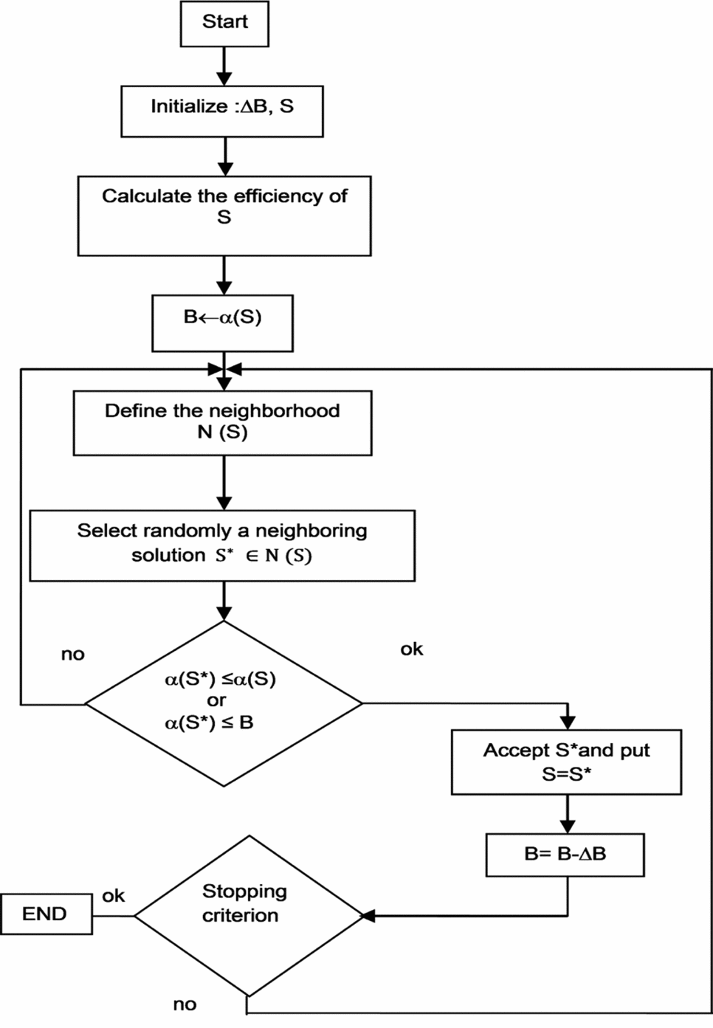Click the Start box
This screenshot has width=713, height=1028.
click(224, 23)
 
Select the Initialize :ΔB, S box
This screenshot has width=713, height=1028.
click(221, 110)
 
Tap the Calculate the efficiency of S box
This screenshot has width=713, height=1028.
click(224, 215)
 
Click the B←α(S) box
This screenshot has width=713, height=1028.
click(222, 323)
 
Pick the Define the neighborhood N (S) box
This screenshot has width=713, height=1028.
click(222, 422)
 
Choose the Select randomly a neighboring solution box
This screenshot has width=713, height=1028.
click(222, 545)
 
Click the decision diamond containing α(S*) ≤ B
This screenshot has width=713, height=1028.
click(224, 703)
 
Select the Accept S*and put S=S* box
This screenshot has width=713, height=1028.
click(566, 762)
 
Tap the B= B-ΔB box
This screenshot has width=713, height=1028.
click(565, 855)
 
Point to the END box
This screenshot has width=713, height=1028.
click(46, 914)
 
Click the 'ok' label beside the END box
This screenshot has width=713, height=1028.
click(113, 896)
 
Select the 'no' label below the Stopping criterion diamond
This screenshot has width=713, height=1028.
click(185, 1004)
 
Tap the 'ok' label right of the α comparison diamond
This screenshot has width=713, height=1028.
click(412, 649)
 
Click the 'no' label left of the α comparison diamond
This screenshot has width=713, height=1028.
click(72, 654)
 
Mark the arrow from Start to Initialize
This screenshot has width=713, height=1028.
click(224, 66)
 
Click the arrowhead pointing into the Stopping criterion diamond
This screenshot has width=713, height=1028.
click(368, 916)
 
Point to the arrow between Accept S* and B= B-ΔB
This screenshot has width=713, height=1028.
click(567, 814)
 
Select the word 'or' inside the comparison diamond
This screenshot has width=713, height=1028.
click(216, 700)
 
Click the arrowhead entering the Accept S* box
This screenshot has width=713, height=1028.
click(567, 722)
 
